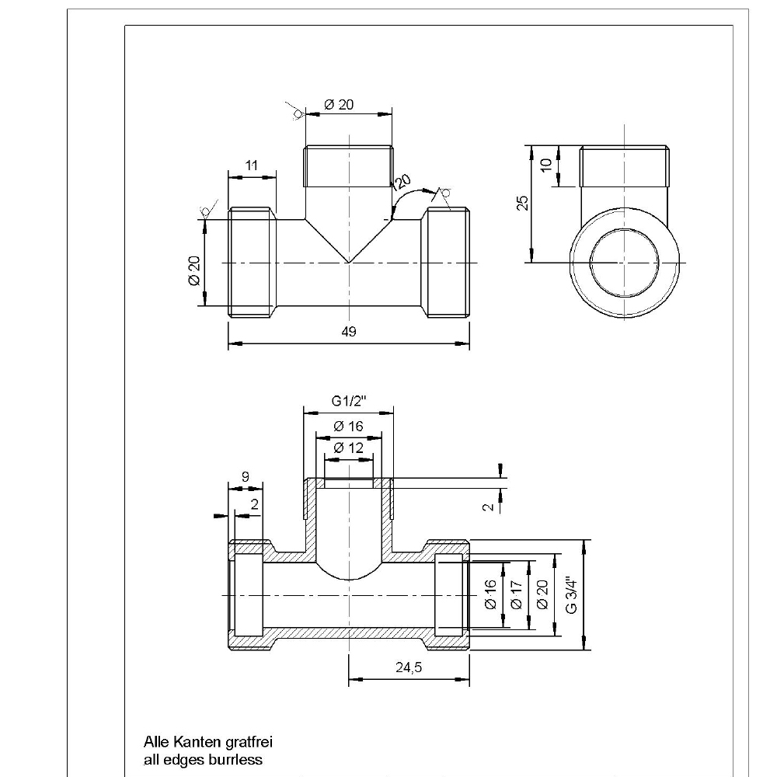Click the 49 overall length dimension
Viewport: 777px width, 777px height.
(x=348, y=332)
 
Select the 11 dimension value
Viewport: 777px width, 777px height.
(x=251, y=166)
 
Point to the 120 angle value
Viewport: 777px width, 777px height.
(x=401, y=183)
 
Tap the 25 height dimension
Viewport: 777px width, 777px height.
(x=524, y=203)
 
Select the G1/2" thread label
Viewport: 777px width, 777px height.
(x=348, y=401)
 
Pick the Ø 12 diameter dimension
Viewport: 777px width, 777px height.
(x=348, y=448)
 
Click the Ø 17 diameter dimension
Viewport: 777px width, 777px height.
(x=517, y=594)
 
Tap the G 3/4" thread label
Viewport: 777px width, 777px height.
(x=572, y=594)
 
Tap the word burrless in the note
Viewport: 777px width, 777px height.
(x=235, y=759)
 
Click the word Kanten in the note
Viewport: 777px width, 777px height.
(x=193, y=743)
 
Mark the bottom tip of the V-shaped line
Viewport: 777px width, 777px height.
(x=348, y=263)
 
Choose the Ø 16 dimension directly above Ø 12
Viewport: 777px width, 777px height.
(x=348, y=427)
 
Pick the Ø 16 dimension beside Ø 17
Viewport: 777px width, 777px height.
(x=490, y=594)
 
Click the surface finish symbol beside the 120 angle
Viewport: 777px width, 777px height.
(x=445, y=193)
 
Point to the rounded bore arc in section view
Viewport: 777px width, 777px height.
(x=348, y=577)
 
